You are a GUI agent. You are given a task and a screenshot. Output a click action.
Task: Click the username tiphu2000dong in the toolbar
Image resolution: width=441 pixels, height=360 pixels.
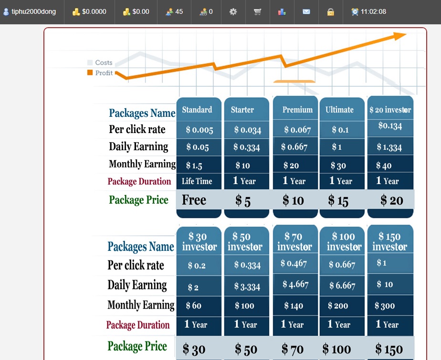[x=33, y=11]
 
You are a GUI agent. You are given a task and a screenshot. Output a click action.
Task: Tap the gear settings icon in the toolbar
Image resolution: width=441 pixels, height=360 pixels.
[x=233, y=11]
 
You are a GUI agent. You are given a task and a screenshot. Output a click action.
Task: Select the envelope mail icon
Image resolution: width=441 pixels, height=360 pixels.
[x=306, y=11]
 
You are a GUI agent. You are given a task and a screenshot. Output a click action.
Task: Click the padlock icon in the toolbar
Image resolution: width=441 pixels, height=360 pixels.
[x=331, y=11]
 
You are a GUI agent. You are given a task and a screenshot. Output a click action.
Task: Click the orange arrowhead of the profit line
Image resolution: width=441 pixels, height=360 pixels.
[x=399, y=36]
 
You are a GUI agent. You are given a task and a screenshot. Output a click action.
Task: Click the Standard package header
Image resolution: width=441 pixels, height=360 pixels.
[x=197, y=110]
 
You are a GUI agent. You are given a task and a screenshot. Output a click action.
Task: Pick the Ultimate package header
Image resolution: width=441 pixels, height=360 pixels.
[x=339, y=110]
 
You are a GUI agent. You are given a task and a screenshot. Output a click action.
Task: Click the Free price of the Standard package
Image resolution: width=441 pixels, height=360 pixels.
[x=194, y=200]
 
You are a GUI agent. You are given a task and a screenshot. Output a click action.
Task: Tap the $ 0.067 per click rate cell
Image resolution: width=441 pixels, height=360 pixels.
[x=297, y=130]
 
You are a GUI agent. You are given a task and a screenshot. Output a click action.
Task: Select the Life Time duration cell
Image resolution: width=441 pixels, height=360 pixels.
[x=197, y=181]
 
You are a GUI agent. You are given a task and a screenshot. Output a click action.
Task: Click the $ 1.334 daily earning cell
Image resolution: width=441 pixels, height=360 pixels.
[x=389, y=147]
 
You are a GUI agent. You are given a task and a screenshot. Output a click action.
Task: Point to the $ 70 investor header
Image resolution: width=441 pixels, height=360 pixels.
[x=294, y=241]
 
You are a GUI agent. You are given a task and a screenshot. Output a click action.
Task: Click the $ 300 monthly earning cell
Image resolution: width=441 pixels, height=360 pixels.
[x=385, y=306]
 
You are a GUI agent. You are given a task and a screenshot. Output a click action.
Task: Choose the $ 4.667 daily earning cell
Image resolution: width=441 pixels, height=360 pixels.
[x=295, y=285]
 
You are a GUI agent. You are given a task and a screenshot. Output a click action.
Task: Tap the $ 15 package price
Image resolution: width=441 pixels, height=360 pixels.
[x=338, y=201]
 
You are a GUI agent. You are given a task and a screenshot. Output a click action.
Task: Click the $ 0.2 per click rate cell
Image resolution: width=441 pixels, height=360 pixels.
[x=197, y=266]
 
